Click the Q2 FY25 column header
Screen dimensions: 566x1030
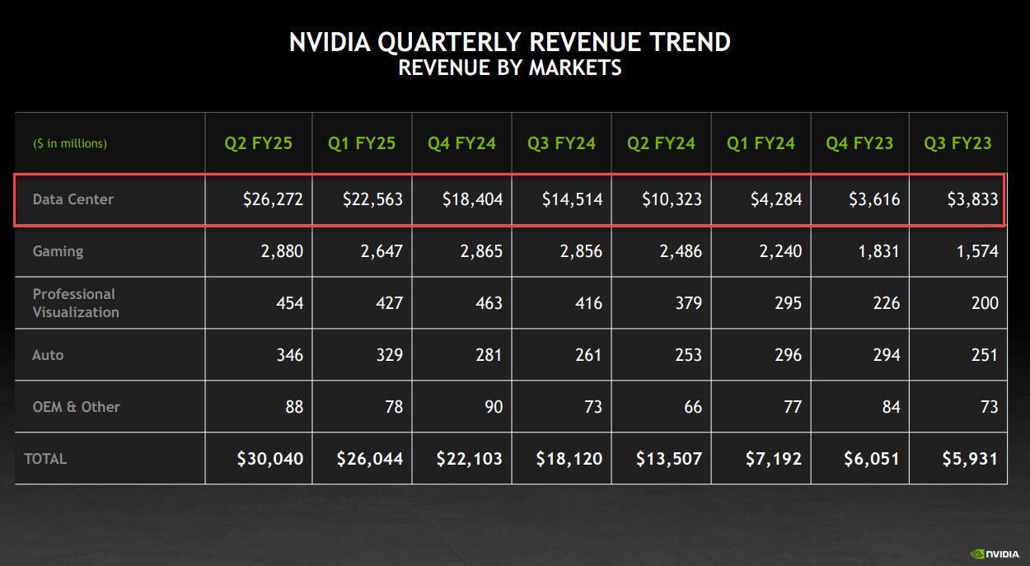pyautogui.click(x=258, y=143)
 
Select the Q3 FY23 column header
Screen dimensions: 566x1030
pyautogui.click(x=957, y=143)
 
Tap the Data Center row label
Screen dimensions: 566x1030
pyautogui.click(x=73, y=199)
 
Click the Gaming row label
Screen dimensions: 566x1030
pyautogui.click(x=58, y=251)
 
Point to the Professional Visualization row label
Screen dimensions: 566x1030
pyautogui.click(x=76, y=303)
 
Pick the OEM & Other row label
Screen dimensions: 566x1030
pyautogui.click(x=77, y=407)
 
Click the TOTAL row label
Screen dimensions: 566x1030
pyautogui.click(x=45, y=459)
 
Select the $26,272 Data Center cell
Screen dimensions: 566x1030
pyautogui.click(x=273, y=199)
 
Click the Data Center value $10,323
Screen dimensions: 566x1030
pyautogui.click(x=672, y=199)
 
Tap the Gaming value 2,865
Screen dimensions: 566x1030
pyautogui.click(x=481, y=251)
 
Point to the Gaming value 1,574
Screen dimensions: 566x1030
pyautogui.click(x=978, y=251)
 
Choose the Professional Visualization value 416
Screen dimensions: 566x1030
pyautogui.click(x=586, y=303)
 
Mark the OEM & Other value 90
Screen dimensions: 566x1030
pyautogui.click(x=493, y=407)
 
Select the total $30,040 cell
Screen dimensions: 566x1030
pyautogui.click(x=270, y=459)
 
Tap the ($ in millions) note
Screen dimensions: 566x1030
pyautogui.click(x=70, y=143)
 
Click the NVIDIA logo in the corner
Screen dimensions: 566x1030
pyautogui.click(x=993, y=554)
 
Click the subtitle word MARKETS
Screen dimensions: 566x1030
pyautogui.click(x=575, y=68)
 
